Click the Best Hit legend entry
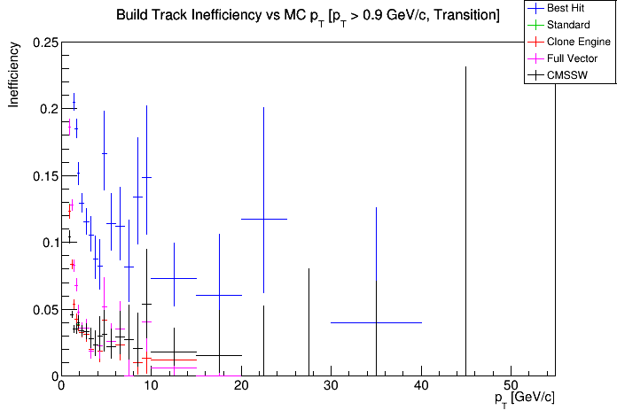(x=568, y=7)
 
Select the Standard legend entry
(x=568, y=25)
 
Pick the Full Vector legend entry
(x=571, y=58)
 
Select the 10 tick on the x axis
(x=151, y=386)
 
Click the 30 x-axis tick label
(x=331, y=386)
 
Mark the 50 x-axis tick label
(x=511, y=386)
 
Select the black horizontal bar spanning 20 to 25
(x=263, y=219)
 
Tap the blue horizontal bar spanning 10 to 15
(x=174, y=278)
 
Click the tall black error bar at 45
(x=465, y=221)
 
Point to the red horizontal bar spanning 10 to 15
(x=174, y=360)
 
